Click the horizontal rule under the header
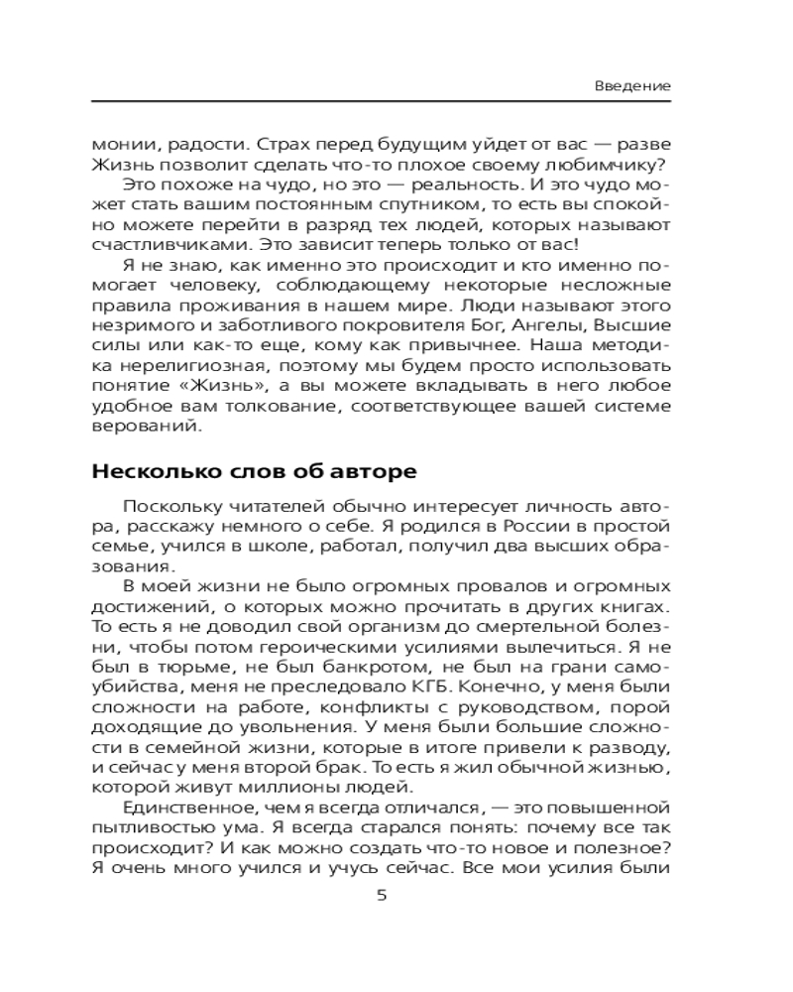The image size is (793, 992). pos(382,103)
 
